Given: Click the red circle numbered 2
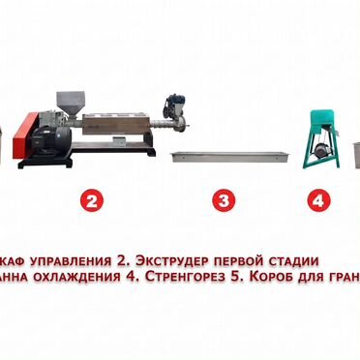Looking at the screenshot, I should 91,201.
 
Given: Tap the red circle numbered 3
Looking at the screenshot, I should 224,201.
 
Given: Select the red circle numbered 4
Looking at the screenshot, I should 316,201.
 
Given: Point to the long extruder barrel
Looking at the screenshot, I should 121,124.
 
